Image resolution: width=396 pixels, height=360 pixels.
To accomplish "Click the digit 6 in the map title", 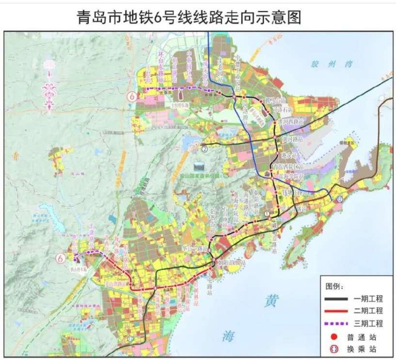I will pyautogui.click(x=203, y=18).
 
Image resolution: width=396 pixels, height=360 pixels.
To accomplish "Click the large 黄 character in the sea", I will pyautogui.click(x=270, y=301).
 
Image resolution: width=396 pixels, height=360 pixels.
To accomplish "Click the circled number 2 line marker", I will pyautogui.click(x=205, y=148).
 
